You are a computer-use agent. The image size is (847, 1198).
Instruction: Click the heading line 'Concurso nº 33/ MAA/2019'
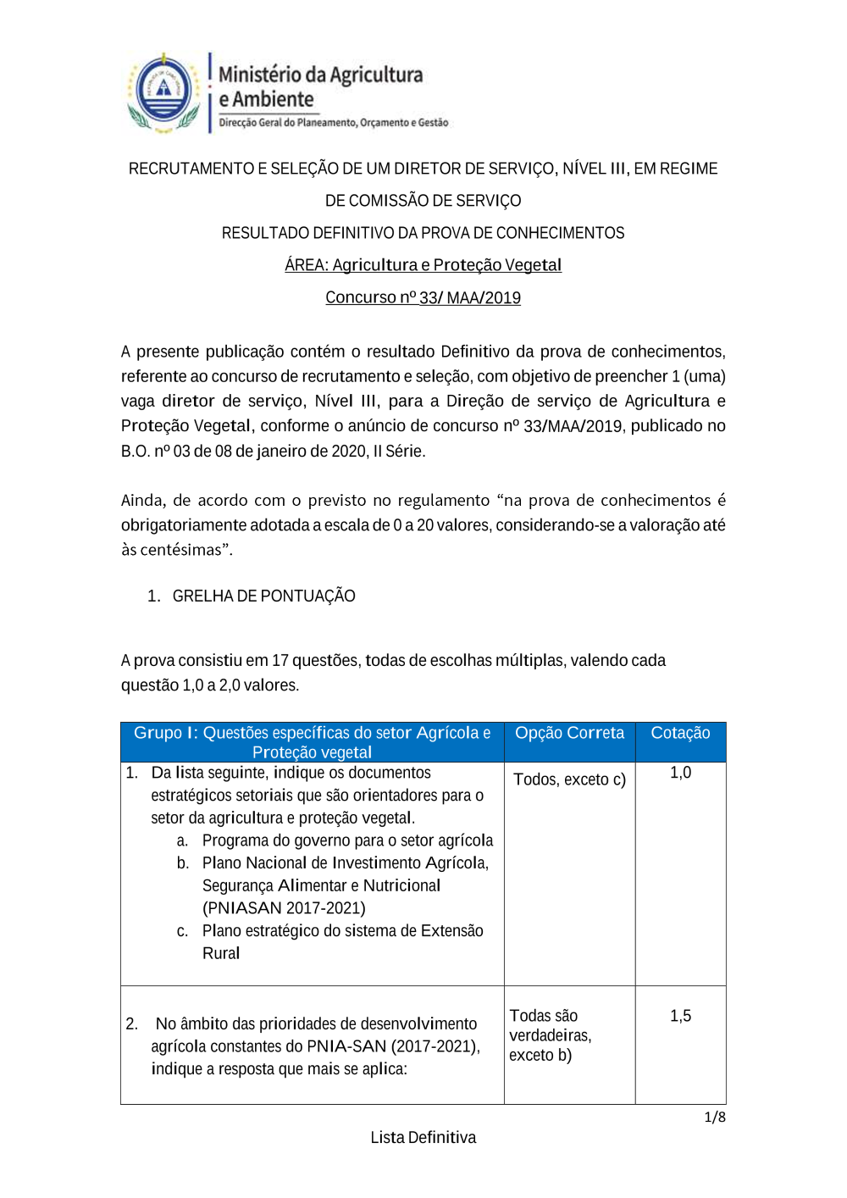coord(423,297)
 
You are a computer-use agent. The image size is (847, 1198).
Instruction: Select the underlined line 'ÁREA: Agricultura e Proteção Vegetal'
coord(423,265)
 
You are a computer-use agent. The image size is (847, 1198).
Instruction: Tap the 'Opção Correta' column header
coord(569,733)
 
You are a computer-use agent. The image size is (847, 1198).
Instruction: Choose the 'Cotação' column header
coord(680,733)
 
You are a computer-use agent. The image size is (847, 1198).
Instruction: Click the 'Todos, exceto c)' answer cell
coord(569,779)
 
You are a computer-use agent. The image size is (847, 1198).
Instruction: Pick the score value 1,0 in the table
coord(680,773)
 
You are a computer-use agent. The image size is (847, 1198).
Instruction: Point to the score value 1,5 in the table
coord(680,1016)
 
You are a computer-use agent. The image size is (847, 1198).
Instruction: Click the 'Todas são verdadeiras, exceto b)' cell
coord(551,1035)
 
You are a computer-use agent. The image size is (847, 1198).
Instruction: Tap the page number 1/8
coord(715,1117)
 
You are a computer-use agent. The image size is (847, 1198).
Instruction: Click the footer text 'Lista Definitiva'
coord(423,1137)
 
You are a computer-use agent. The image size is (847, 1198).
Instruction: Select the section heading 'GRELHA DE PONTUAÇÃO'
coord(263,596)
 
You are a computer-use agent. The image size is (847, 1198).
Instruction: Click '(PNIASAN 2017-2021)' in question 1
coord(284,908)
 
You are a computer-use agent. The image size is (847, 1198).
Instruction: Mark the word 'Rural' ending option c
coord(221,953)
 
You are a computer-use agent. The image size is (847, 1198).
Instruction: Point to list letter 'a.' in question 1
coord(182,840)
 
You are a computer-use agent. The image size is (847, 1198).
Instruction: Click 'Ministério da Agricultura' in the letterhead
coord(320,75)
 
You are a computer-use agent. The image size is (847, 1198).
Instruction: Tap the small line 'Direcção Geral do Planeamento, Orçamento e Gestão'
coord(333,123)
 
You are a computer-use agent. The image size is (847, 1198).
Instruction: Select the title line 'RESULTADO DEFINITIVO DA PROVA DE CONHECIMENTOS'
coord(423,233)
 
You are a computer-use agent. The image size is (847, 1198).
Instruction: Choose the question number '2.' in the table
coord(132,1024)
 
